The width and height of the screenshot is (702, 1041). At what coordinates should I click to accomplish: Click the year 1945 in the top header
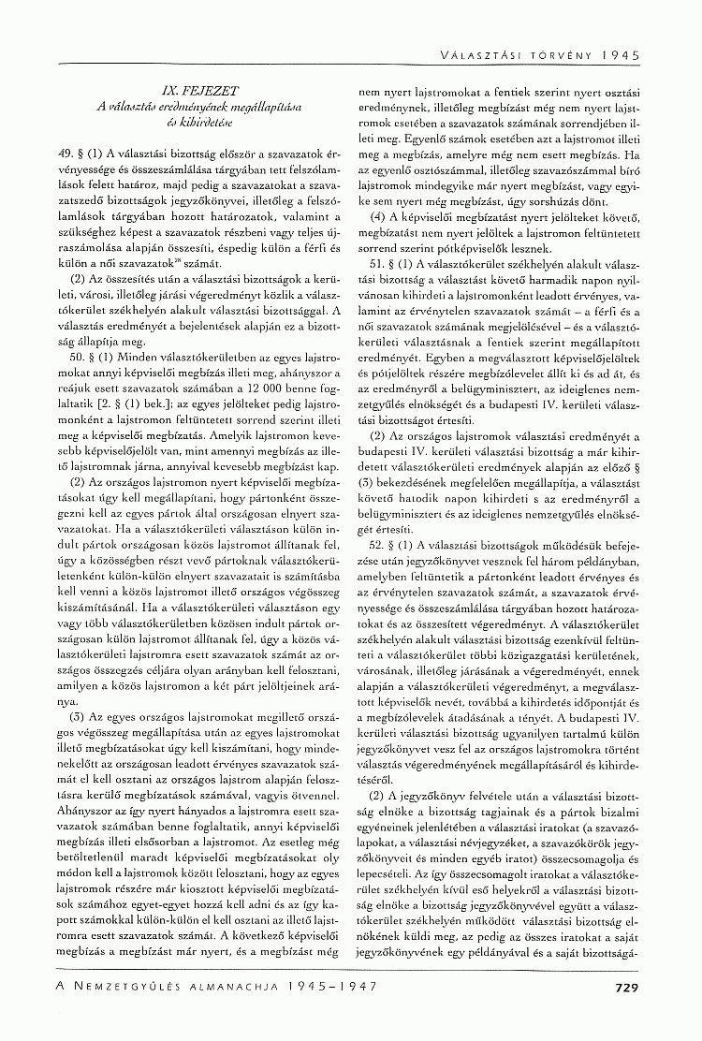tap(622, 55)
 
